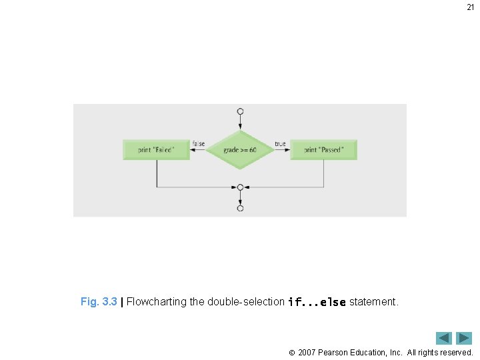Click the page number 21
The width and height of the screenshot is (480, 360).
click(470, 7)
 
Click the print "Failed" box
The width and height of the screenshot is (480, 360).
click(157, 149)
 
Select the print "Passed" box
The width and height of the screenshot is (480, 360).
click(323, 149)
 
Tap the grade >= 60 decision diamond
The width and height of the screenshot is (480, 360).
click(240, 149)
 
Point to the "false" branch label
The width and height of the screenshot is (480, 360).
click(199, 143)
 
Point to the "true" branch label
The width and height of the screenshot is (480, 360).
click(280, 143)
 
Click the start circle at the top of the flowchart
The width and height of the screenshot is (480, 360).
click(240, 111)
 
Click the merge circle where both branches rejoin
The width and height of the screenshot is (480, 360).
click(240, 187)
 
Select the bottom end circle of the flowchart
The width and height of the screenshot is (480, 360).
click(240, 208)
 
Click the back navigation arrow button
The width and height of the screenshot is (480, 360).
click(444, 338)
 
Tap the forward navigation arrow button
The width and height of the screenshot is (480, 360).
click(464, 338)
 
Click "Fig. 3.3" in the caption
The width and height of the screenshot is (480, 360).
click(99, 301)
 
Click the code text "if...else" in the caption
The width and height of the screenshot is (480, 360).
click(317, 302)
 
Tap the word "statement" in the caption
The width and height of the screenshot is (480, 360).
click(373, 301)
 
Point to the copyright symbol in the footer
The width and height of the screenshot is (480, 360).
click(291, 352)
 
